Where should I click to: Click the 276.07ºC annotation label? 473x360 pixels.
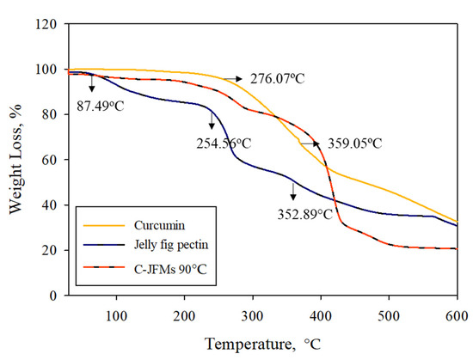278,79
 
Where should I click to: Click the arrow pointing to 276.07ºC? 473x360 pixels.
232,78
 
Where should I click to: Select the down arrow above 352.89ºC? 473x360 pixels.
292,191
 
